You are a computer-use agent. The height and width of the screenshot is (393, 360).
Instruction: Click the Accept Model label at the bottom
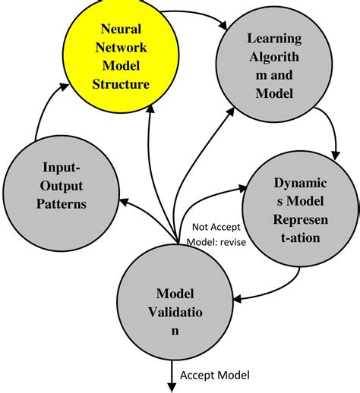(215, 375)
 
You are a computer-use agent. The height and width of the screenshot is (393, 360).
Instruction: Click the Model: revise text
(216, 243)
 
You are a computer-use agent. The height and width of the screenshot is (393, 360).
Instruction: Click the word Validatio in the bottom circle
(175, 312)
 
